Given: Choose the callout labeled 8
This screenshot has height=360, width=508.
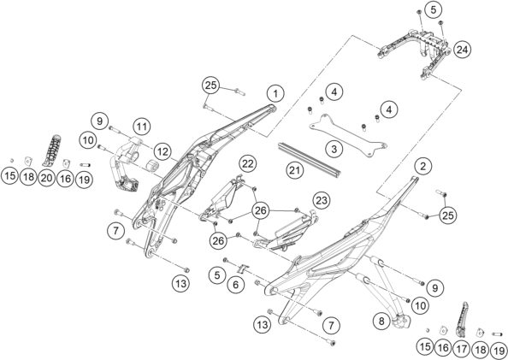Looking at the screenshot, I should coord(381,322).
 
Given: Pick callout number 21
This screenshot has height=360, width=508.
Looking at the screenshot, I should coord(294,171).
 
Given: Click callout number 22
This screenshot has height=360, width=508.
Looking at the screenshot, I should coord(248,163).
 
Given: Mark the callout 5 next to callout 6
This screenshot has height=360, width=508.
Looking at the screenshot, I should coord(218,275).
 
